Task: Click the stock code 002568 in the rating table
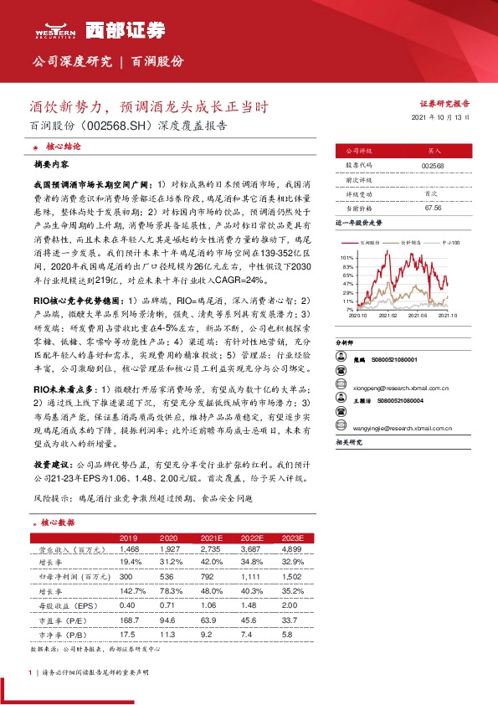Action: [x=433, y=166]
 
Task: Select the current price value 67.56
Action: [x=433, y=208]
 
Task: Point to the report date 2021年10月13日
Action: [x=446, y=118]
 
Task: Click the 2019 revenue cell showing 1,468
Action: [x=128, y=548]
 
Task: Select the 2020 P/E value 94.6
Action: [x=168, y=620]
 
